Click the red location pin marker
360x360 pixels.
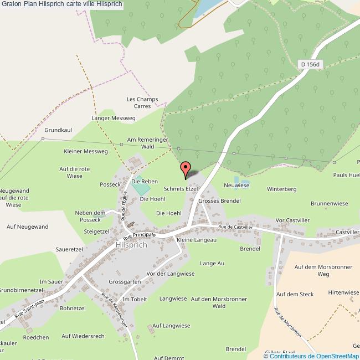[186, 167]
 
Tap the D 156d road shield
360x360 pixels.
[310, 64]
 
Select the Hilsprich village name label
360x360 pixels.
[131, 245]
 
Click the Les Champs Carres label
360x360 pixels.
[142, 102]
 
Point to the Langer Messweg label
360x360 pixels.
[113, 118]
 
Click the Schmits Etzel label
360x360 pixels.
[181, 189]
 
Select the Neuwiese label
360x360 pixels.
[236, 186]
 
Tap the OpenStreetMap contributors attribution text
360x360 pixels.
[313, 356]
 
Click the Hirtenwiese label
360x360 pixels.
[343, 292]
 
